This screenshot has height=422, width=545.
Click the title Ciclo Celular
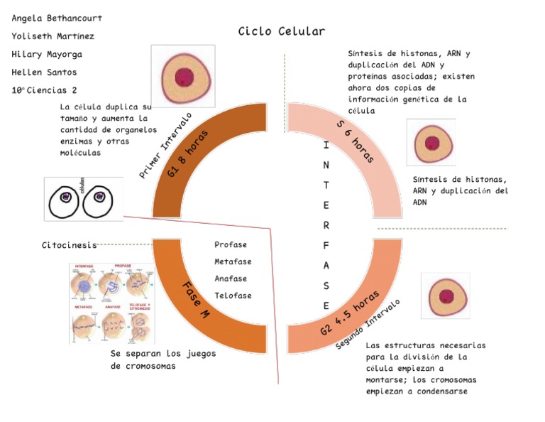pos(282,31)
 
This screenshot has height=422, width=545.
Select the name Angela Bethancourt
pos(57,17)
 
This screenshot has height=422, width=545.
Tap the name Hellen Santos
pos(45,72)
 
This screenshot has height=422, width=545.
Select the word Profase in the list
pos(231,245)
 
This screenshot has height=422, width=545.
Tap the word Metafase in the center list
pos(233,261)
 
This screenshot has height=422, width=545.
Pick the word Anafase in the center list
pos(231,278)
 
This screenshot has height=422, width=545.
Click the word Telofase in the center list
pos(233,296)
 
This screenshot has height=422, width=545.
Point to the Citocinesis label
pos(69,246)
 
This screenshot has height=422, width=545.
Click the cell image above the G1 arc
pos(183,76)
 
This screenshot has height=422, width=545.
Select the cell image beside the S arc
pos(431,142)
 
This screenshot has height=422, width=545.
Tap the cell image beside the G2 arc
pos(445,296)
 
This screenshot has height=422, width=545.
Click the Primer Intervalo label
pos(165,145)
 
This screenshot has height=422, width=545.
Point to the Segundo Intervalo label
pos(368,323)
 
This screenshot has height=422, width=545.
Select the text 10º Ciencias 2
pos(45,90)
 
